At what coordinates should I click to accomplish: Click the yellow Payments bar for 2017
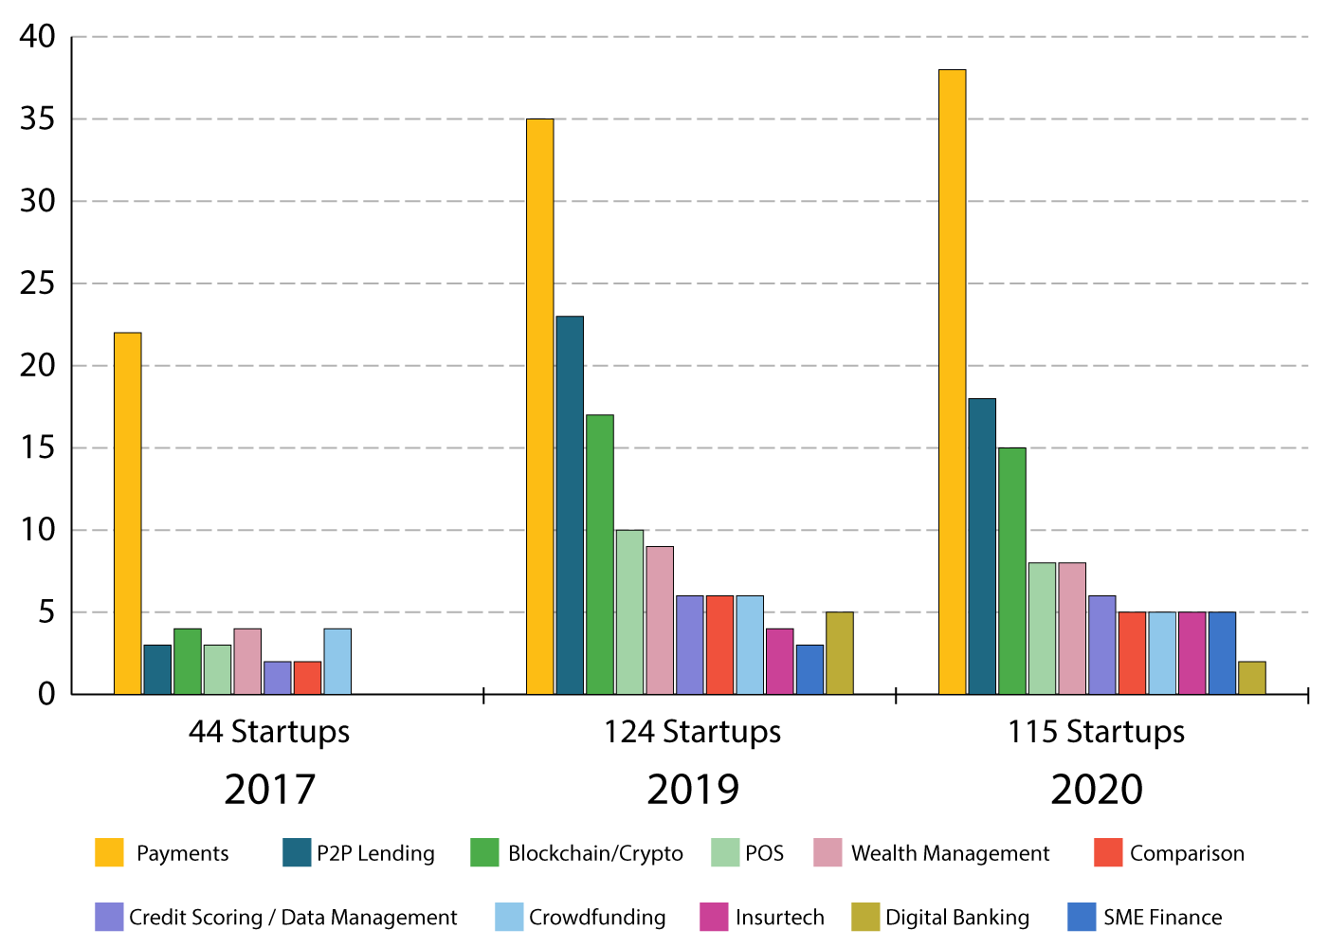[127, 514]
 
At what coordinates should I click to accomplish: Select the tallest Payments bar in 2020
[952, 382]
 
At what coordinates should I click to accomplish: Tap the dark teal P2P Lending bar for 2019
[570, 505]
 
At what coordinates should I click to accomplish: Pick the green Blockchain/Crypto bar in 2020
[1012, 571]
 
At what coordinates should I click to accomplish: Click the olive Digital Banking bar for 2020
[1252, 678]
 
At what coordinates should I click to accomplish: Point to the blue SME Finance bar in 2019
[810, 669]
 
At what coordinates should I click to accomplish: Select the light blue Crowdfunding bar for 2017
[337, 661]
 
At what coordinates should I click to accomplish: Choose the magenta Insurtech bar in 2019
[779, 661]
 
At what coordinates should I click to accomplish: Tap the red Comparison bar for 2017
[308, 678]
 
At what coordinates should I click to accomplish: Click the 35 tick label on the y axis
[37, 119]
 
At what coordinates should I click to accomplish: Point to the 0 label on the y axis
[46, 694]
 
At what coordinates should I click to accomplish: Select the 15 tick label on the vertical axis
[37, 447]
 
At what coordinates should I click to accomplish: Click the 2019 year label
[693, 790]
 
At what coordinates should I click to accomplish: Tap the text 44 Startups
[269, 732]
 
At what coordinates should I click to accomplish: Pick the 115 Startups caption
[1096, 732]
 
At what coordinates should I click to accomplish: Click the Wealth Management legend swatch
[828, 852]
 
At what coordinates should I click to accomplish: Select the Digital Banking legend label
[956, 917]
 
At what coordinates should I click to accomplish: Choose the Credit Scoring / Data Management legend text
[293, 917]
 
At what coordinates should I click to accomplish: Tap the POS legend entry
[748, 852]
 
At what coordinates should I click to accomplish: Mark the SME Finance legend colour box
[1082, 917]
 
